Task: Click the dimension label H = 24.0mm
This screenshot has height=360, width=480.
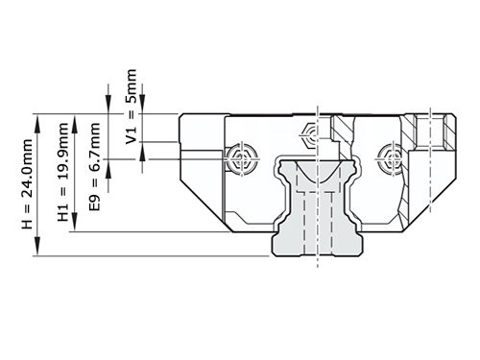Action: click(x=27, y=183)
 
